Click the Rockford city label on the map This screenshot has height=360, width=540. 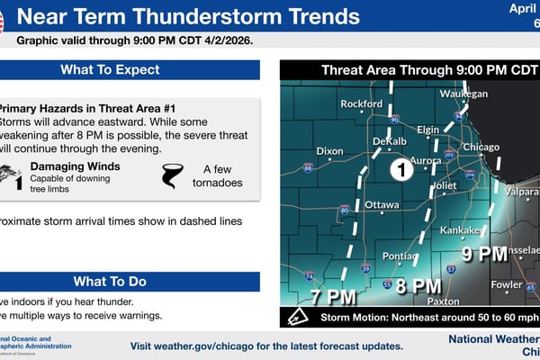click(x=362, y=104)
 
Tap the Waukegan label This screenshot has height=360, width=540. click(x=464, y=94)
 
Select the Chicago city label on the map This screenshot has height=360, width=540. click(x=480, y=148)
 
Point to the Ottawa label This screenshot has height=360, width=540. click(x=382, y=205)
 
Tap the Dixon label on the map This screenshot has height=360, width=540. click(x=330, y=151)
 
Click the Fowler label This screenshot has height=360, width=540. click(x=507, y=285)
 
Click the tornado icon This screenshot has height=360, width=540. click(x=172, y=174)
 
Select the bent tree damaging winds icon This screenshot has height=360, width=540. click(x=8, y=174)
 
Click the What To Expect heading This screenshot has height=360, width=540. click(x=110, y=70)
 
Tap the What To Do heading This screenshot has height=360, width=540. click(x=110, y=281)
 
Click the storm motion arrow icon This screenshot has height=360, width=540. click(x=296, y=317)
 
